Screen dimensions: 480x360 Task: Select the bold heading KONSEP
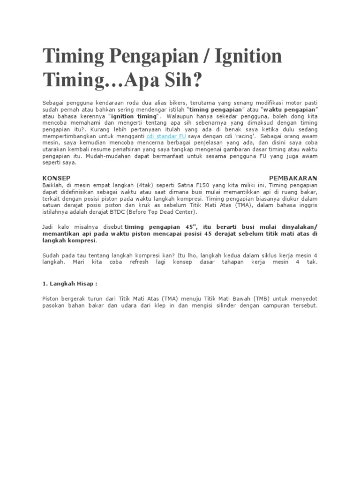(x=56, y=178)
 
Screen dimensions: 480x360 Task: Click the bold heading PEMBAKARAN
(x=293, y=178)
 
